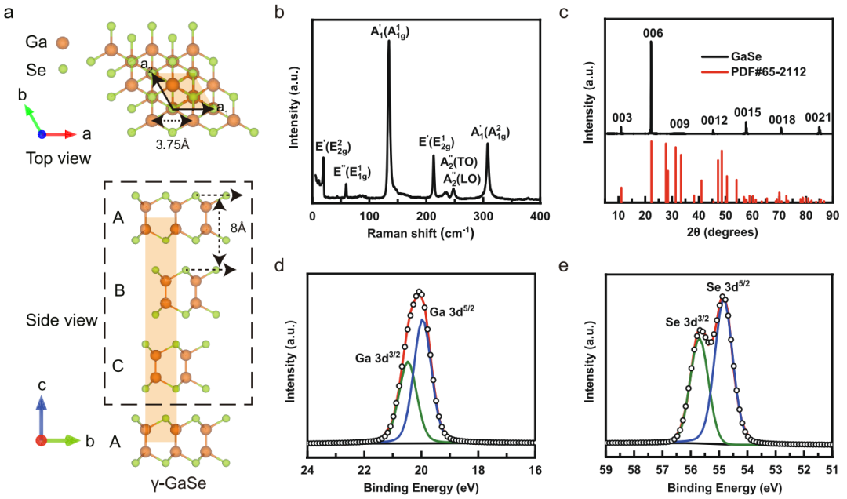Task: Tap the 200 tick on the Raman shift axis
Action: coord(426,217)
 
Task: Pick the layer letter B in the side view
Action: coord(119,291)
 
